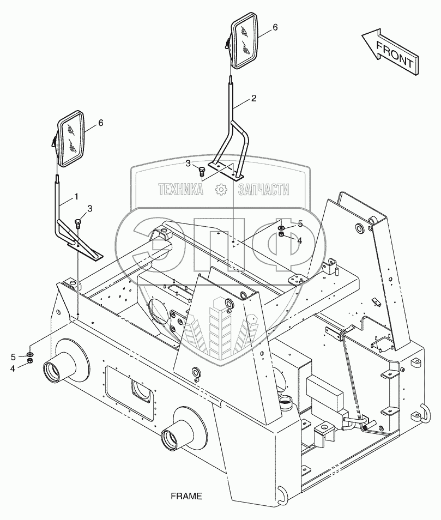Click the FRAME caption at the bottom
tap(186, 497)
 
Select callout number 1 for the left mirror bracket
tap(76, 196)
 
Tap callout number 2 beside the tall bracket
tap(253, 99)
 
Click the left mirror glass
tap(72, 138)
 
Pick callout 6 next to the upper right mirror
tap(275, 27)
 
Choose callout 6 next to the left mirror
tap(100, 123)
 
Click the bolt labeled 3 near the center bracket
tap(202, 171)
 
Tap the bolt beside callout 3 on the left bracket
tap(77, 222)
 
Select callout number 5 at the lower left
tap(13, 356)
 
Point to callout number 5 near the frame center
tap(300, 223)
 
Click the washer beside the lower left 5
tap(30, 355)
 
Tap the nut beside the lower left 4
tap(30, 362)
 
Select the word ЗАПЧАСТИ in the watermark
tap(263, 190)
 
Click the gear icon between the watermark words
tap(221, 190)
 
